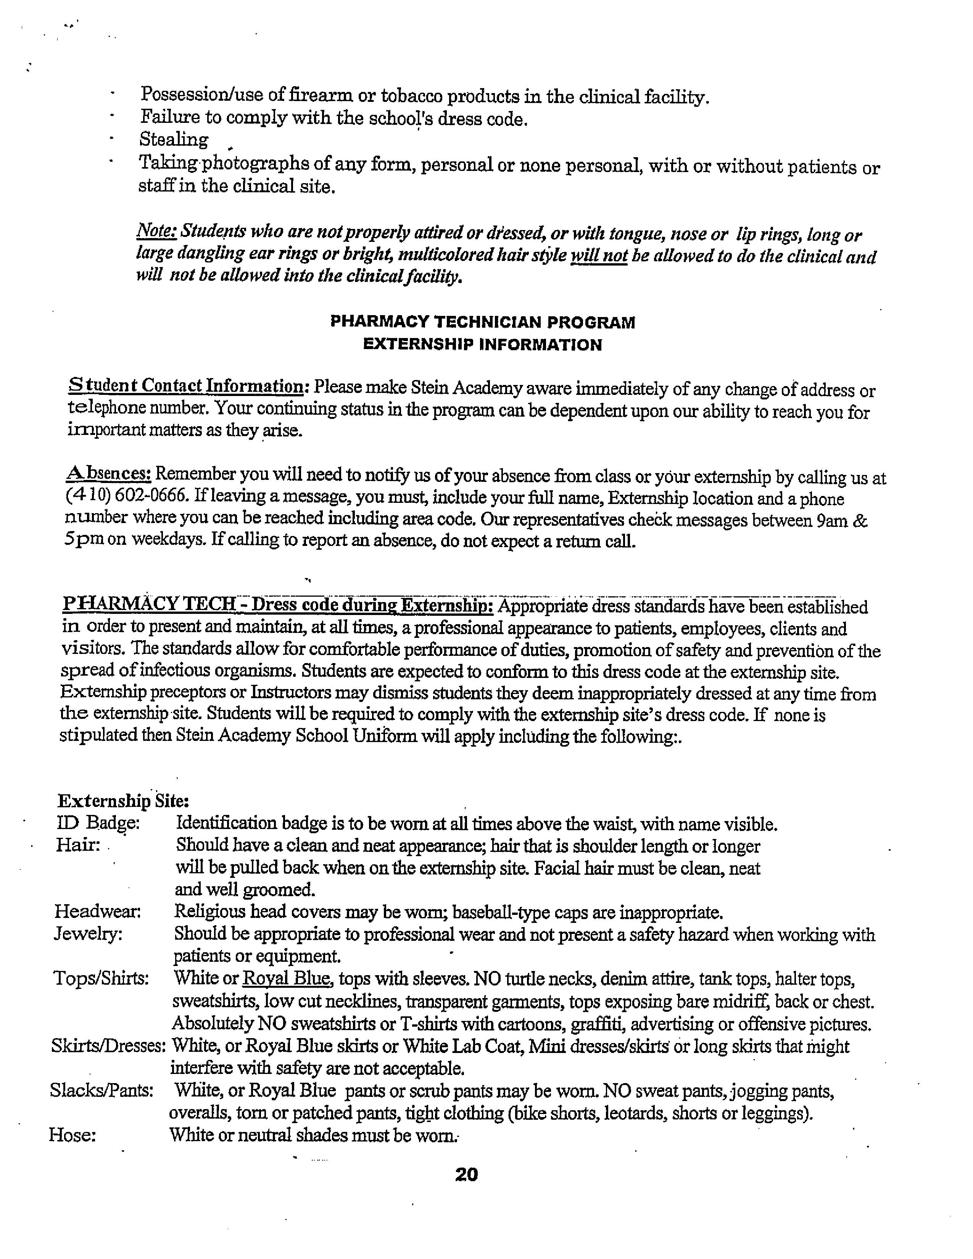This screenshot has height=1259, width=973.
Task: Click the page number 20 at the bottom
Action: pyautogui.click(x=466, y=1174)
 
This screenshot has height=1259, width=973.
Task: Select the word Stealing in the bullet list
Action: pyautogui.click(x=174, y=140)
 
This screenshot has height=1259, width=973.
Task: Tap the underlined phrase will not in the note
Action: pyautogui.click(x=598, y=255)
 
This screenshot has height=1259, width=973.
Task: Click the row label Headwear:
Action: pyautogui.click(x=97, y=911)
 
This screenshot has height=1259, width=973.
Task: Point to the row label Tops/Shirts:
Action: pyautogui.click(x=101, y=978)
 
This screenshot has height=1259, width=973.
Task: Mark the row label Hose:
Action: pyautogui.click(x=72, y=1135)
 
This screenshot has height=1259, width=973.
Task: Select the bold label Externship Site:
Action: pyautogui.click(x=123, y=801)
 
